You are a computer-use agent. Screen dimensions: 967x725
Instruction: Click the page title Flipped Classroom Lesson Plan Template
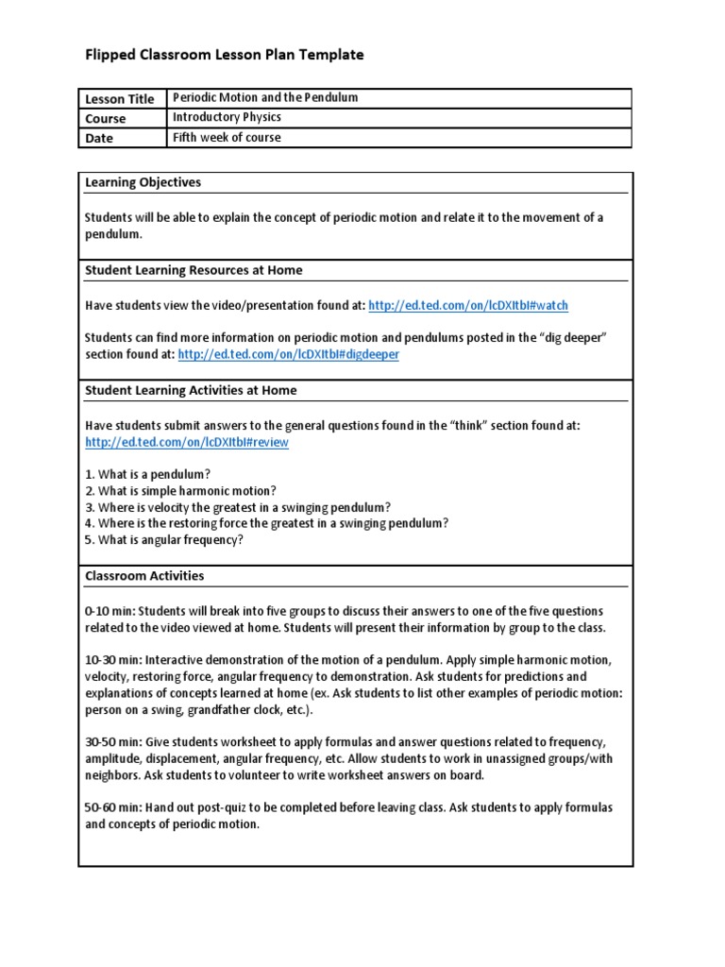pos(224,56)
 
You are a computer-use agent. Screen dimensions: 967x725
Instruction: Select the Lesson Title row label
pos(119,99)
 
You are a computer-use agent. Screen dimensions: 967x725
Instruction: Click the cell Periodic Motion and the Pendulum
pos(265,98)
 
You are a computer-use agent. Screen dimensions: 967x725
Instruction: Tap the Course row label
pos(105,119)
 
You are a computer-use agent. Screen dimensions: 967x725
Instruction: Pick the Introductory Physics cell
pos(227,118)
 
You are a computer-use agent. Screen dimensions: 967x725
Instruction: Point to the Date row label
pos(99,139)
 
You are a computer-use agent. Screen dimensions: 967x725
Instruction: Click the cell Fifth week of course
pos(227,138)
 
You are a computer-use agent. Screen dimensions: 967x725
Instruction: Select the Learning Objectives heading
pos(143,182)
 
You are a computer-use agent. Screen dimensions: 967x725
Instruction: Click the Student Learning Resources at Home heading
pos(194,270)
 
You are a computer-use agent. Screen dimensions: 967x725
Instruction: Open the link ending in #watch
pos(468,306)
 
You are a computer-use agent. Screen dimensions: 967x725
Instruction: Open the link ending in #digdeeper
pos(288,354)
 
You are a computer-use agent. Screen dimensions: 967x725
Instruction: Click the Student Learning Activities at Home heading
pos(191,390)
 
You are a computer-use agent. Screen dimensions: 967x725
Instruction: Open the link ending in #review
pos(187,443)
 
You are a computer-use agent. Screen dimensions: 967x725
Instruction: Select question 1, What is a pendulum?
pos(147,472)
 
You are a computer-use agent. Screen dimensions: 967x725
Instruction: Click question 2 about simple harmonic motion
pos(180,490)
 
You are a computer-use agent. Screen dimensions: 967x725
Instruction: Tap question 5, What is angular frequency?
pos(164,539)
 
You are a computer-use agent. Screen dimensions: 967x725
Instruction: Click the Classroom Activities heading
pos(144,575)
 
